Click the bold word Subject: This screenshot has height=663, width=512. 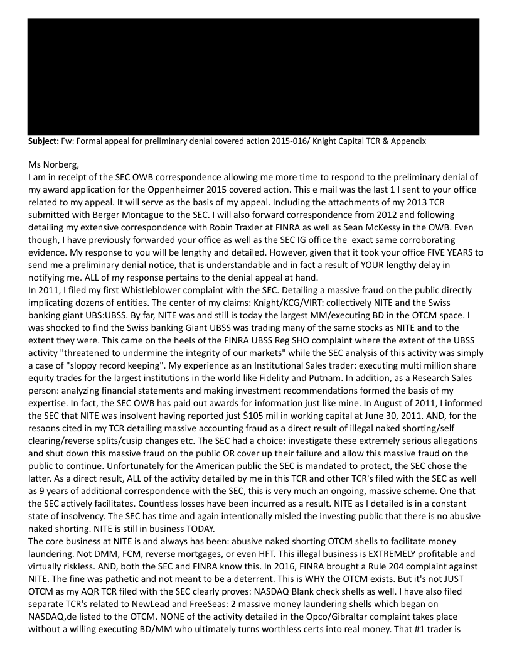pos(43,141)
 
